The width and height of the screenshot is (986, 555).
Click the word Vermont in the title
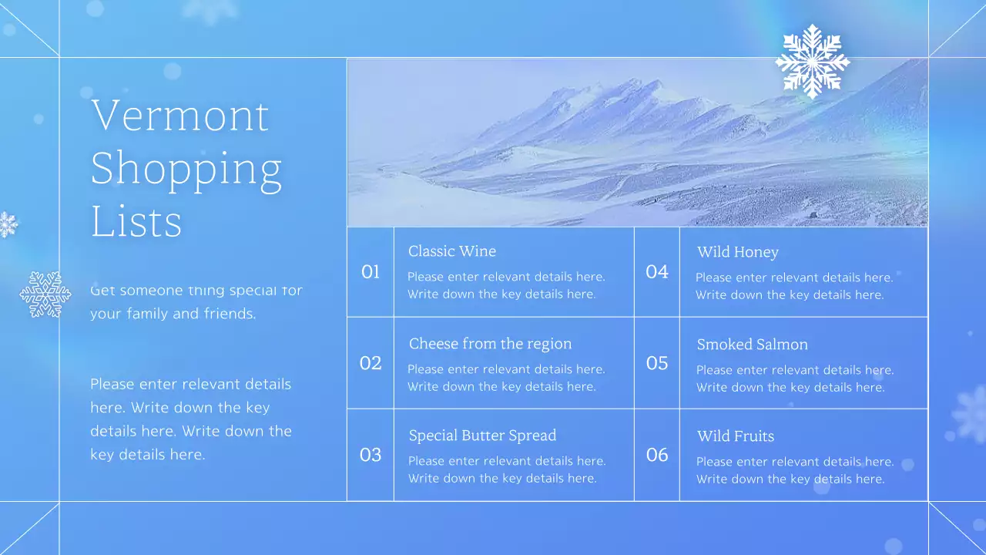(179, 116)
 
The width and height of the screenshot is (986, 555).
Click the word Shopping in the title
(186, 170)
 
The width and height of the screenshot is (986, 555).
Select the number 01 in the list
(371, 272)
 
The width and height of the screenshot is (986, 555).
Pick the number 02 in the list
(371, 363)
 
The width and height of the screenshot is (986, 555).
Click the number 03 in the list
(371, 455)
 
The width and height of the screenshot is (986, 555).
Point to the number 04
(657, 272)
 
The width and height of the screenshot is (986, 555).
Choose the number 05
(657, 363)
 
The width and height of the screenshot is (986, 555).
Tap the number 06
(657, 455)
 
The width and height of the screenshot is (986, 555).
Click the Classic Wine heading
(452, 251)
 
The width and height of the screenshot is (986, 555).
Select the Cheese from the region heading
(490, 344)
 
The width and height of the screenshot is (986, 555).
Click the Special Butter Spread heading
(482, 436)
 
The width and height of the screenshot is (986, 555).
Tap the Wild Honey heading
(737, 252)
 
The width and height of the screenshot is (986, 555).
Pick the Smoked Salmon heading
(752, 345)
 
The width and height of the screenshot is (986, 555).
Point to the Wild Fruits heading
(735, 436)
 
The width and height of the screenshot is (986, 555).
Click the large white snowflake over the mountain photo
(812, 61)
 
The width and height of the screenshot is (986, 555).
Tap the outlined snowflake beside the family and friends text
(45, 294)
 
